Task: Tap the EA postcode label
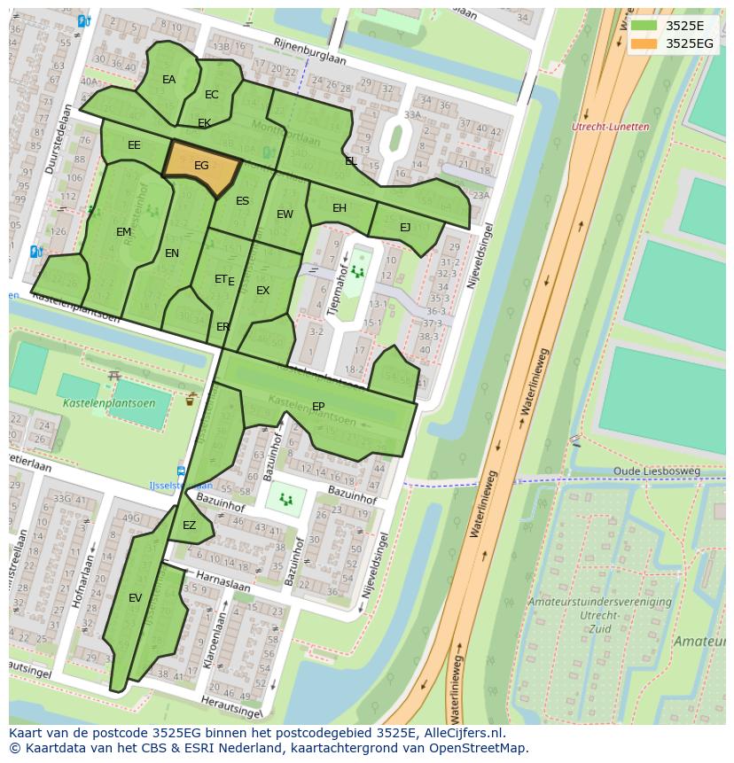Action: tap(168, 80)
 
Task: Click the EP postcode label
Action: tap(318, 407)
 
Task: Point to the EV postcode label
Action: tap(135, 598)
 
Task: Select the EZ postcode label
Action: tap(189, 526)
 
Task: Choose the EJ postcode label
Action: tap(405, 228)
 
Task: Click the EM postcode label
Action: tap(123, 232)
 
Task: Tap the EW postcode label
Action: tap(285, 214)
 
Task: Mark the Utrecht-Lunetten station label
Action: tap(611, 127)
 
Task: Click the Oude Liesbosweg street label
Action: tap(657, 471)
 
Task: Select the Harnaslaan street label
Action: tap(223, 582)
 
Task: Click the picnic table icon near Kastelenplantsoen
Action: tap(113, 377)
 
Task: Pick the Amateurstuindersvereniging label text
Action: tap(599, 602)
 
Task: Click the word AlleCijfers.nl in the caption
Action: tap(462, 733)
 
